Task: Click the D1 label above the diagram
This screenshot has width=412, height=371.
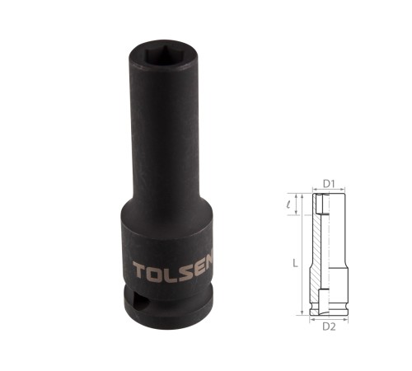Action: point(329,184)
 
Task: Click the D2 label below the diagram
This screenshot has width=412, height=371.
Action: point(329,326)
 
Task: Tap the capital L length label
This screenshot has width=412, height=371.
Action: point(295,264)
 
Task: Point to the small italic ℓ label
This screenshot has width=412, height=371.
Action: point(288,204)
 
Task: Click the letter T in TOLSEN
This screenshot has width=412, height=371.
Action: point(139,270)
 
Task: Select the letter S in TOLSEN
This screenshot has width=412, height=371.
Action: point(186,270)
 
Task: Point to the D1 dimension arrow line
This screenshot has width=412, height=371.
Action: point(329,189)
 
